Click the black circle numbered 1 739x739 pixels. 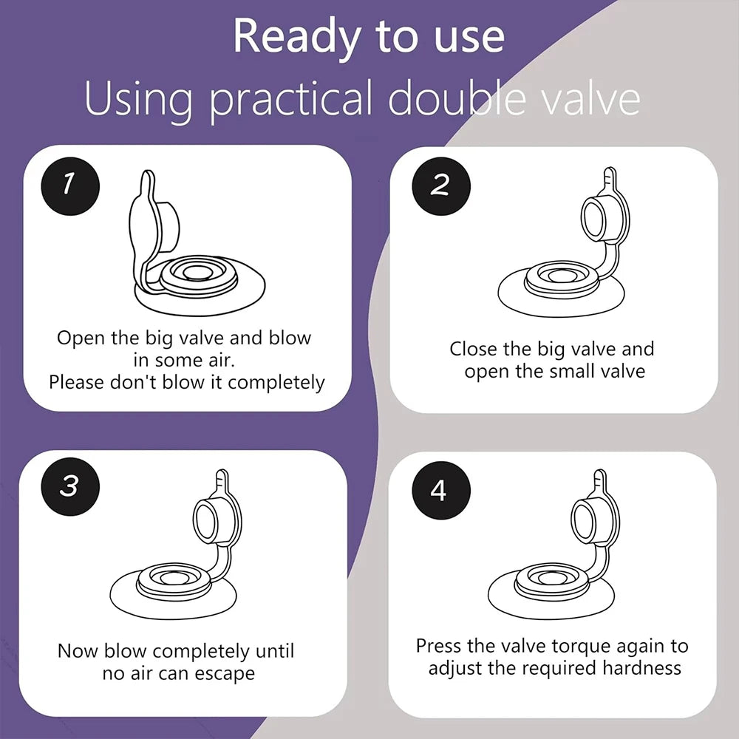[70, 185]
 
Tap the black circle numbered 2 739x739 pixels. [440, 185]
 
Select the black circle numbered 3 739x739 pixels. [70, 486]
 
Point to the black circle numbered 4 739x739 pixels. [440, 490]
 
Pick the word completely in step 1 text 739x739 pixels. [276, 383]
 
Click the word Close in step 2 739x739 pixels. [474, 350]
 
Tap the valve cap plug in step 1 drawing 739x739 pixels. [166, 226]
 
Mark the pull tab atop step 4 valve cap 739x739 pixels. [599, 483]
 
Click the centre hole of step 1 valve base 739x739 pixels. [197, 272]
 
